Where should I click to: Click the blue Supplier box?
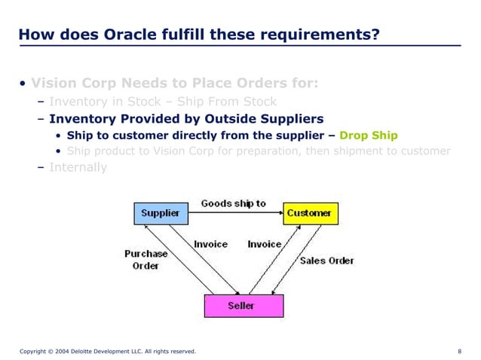(161, 213)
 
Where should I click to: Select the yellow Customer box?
(310, 213)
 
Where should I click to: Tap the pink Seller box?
(244, 306)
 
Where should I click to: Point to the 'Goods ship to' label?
(234, 203)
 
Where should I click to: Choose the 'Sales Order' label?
(326, 261)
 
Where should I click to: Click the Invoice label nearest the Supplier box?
(210, 244)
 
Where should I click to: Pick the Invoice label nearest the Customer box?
(265, 244)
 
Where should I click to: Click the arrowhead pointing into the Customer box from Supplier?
(280, 213)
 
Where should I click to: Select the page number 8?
(460, 351)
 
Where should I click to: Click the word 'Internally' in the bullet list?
(78, 167)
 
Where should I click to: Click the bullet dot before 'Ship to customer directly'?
(59, 136)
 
